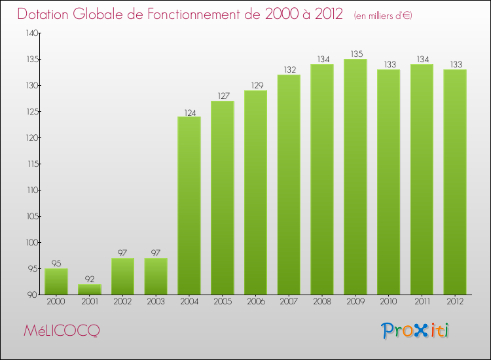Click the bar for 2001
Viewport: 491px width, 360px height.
click(x=90, y=289)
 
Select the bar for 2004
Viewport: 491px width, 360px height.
click(x=189, y=206)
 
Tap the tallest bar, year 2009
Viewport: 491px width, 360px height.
click(x=355, y=177)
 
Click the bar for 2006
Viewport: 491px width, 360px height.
click(x=256, y=192)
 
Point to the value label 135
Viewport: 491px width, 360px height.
click(x=355, y=54)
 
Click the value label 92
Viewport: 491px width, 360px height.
click(x=90, y=279)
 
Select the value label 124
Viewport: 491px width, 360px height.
click(x=189, y=112)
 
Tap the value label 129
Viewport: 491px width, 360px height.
click(x=256, y=86)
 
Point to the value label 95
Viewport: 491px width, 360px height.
click(x=56, y=264)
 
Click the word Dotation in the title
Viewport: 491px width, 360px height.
click(x=46, y=14)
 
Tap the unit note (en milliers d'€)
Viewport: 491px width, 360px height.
click(x=383, y=16)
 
